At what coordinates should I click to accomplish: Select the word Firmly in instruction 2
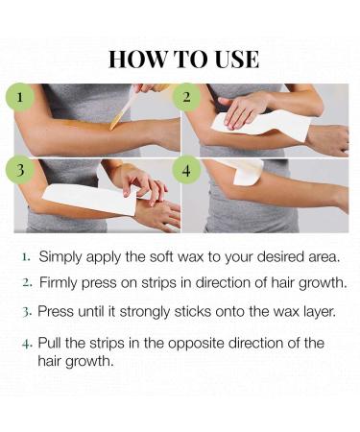(x=61, y=283)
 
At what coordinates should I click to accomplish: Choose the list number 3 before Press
(x=28, y=312)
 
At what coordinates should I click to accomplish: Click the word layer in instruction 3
(x=306, y=312)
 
